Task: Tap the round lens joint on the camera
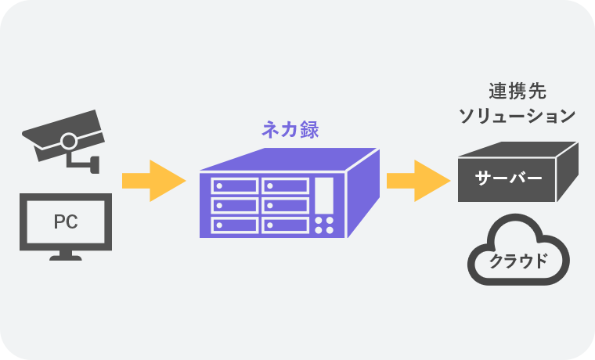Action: (x=69, y=142)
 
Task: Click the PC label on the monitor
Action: (x=65, y=221)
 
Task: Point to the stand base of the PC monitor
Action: (x=65, y=257)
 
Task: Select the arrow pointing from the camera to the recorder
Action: (x=153, y=182)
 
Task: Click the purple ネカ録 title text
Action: (x=290, y=130)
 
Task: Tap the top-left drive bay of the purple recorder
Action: (x=234, y=186)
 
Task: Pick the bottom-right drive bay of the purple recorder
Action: (x=285, y=225)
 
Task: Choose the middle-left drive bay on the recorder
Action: (x=234, y=206)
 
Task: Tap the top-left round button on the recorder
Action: (x=319, y=221)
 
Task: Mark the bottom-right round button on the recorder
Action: (x=330, y=231)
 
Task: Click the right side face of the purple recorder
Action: (x=363, y=192)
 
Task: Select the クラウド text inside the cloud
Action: (x=517, y=261)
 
